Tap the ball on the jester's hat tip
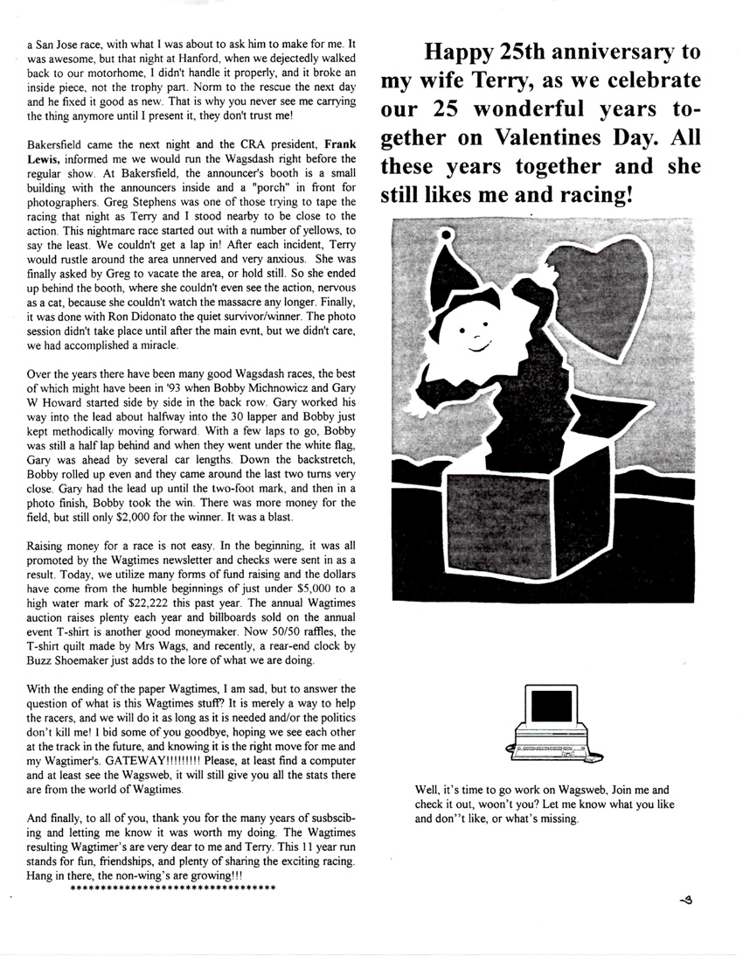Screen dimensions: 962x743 [448, 234]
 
